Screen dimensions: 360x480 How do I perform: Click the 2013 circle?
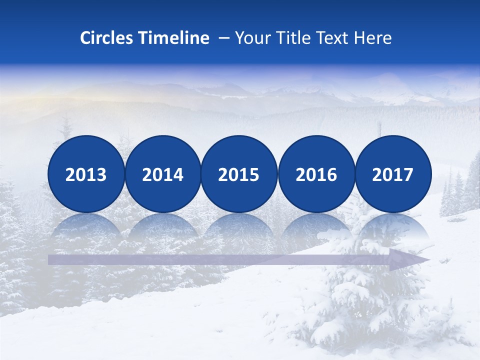point(86,174)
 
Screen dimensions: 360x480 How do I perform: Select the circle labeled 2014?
point(163,174)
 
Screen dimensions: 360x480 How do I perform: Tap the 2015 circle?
point(239,174)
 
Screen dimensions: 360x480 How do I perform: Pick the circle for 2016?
point(316,174)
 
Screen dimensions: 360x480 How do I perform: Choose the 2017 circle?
point(393,174)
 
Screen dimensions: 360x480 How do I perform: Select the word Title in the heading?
point(294,38)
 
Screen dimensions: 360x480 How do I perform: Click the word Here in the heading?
point(373,38)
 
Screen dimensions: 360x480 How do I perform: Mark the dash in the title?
point(224,38)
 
